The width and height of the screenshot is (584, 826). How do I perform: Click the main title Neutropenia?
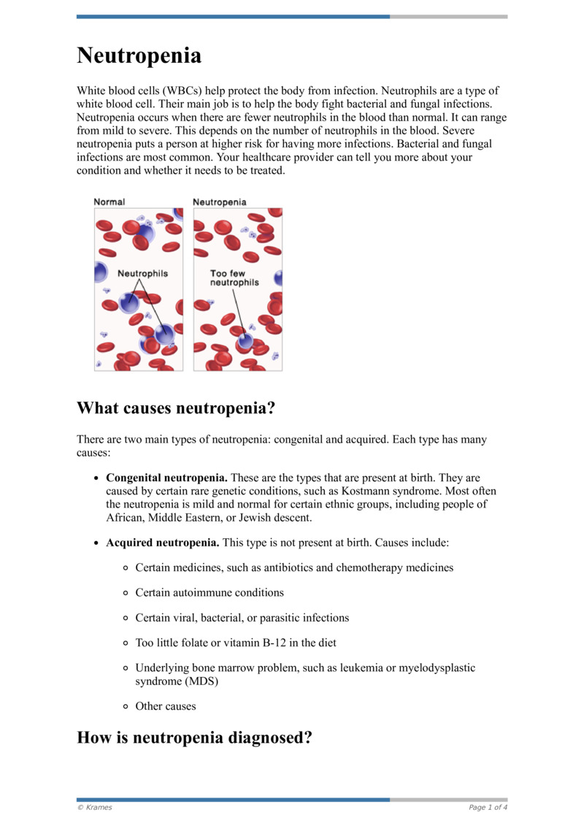(x=139, y=56)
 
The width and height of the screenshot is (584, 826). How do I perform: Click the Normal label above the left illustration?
(x=109, y=202)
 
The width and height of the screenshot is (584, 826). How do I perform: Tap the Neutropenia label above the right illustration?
(x=219, y=202)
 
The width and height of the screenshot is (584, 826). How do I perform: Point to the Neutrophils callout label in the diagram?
(x=143, y=273)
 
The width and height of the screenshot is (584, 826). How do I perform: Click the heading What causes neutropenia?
(x=175, y=408)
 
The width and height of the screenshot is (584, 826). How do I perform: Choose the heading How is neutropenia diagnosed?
(x=195, y=738)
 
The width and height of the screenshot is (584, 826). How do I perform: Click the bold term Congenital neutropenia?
(x=166, y=478)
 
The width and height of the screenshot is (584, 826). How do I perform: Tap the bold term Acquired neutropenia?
(x=162, y=543)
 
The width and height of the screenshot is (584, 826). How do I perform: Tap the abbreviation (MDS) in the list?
(x=201, y=681)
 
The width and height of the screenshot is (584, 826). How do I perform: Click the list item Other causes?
(x=166, y=706)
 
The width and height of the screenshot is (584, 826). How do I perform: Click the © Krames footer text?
(x=95, y=807)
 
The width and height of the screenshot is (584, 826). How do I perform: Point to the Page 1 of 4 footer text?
(x=488, y=807)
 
